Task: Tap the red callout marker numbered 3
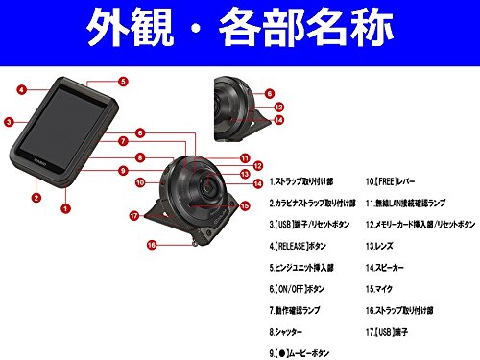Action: coord(8,122)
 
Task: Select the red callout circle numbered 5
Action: coord(123,82)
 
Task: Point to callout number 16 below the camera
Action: coord(151,245)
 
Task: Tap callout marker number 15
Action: coord(244,204)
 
